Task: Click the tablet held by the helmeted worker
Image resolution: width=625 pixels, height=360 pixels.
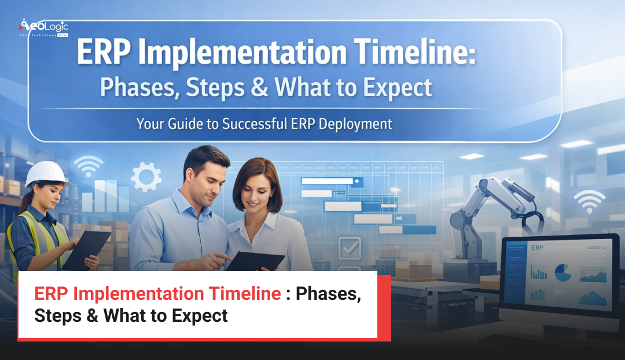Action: (x=86, y=249)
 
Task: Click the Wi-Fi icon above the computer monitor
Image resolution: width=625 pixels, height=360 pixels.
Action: (x=589, y=201)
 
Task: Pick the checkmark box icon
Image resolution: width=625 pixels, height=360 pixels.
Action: (x=350, y=248)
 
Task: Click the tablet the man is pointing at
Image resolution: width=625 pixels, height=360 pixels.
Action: (x=255, y=260)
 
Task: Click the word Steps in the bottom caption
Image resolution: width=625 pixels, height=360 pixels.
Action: (x=57, y=316)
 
